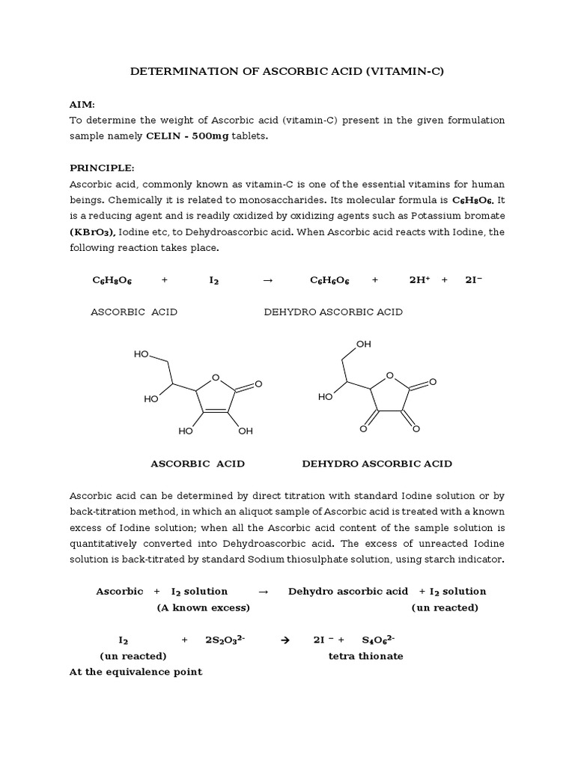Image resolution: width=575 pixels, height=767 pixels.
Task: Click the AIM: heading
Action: pyautogui.click(x=82, y=105)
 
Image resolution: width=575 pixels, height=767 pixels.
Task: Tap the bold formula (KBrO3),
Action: pyautogui.click(x=93, y=232)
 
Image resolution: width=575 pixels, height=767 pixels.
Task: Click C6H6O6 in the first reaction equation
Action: pyautogui.click(x=331, y=280)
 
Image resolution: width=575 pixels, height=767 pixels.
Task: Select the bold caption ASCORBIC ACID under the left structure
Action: pyautogui.click(x=198, y=464)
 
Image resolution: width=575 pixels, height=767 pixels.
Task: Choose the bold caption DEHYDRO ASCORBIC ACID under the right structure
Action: pyautogui.click(x=377, y=464)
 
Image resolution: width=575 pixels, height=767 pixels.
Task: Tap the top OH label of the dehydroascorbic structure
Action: pyautogui.click(x=364, y=344)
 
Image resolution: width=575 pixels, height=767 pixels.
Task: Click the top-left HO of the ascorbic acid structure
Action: pyautogui.click(x=142, y=354)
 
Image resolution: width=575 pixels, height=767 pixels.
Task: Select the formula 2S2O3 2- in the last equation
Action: pyautogui.click(x=225, y=640)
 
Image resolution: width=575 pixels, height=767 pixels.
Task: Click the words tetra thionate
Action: pyautogui.click(x=365, y=656)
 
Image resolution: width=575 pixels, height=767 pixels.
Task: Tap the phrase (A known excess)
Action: pyautogui.click(x=203, y=607)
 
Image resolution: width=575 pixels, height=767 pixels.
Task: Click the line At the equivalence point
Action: pyautogui.click(x=136, y=672)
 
